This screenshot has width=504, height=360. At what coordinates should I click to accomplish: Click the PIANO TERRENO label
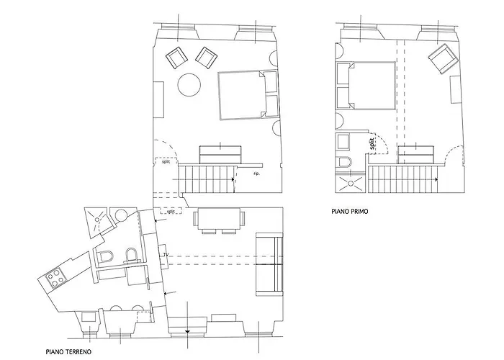(68, 352)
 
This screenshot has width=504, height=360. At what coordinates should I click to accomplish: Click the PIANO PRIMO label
(350, 212)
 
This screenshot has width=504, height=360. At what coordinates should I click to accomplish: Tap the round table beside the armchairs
(189, 84)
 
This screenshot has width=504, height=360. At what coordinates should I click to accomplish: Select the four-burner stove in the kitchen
(55, 278)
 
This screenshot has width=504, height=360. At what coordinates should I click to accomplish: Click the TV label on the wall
(166, 255)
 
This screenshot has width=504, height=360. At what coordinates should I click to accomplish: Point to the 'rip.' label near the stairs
(256, 174)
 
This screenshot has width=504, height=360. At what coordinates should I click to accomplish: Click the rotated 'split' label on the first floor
(372, 143)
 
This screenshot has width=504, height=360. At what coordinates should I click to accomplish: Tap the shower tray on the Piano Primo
(351, 184)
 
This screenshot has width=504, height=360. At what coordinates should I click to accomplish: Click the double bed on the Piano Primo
(366, 86)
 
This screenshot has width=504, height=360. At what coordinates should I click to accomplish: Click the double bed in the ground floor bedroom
(248, 95)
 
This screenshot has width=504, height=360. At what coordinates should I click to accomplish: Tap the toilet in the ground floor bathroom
(106, 256)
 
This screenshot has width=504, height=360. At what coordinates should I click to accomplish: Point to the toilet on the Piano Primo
(344, 162)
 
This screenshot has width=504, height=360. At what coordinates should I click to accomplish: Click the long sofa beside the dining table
(269, 264)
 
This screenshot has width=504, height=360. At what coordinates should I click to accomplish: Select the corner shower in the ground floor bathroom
(96, 221)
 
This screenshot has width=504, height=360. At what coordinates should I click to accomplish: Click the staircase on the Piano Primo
(402, 179)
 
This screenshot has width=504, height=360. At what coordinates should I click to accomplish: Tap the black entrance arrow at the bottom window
(188, 331)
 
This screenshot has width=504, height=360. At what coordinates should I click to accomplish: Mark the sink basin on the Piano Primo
(343, 142)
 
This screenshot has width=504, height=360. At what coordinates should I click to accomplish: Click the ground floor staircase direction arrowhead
(233, 179)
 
